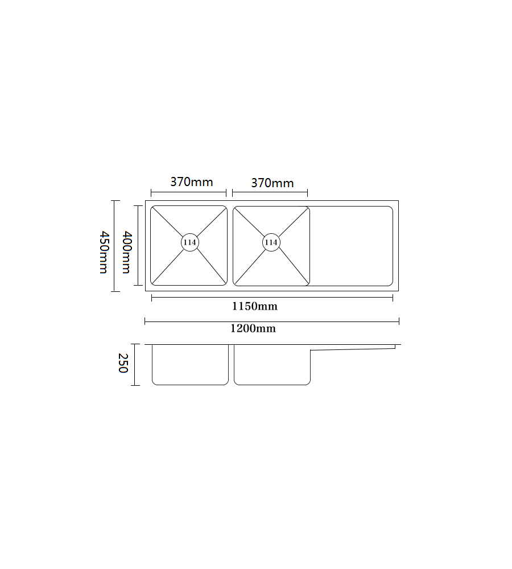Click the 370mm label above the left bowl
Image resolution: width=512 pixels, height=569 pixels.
(x=192, y=182)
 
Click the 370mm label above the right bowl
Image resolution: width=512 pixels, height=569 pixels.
(x=272, y=183)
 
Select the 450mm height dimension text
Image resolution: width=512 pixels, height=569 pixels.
(x=103, y=252)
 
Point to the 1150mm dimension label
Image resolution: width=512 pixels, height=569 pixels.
(x=255, y=307)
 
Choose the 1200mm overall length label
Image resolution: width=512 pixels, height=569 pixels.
(x=253, y=329)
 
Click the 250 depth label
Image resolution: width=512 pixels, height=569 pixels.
(x=122, y=364)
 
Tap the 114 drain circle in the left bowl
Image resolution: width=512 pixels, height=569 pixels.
(x=190, y=242)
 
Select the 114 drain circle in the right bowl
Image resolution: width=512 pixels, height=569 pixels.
(x=271, y=242)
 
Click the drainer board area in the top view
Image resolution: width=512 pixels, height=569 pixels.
(x=351, y=246)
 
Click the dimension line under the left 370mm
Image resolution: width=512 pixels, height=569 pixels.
(x=188, y=193)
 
